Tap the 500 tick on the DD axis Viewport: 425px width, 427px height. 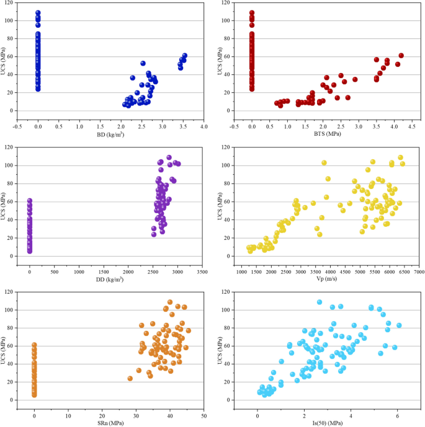tap(54, 271)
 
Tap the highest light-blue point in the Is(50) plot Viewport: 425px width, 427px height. tap(320, 302)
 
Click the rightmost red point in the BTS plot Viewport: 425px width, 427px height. tap(401, 56)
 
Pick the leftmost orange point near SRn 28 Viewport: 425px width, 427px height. tap(130, 378)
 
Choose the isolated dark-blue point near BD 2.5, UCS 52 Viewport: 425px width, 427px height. tap(143, 63)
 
